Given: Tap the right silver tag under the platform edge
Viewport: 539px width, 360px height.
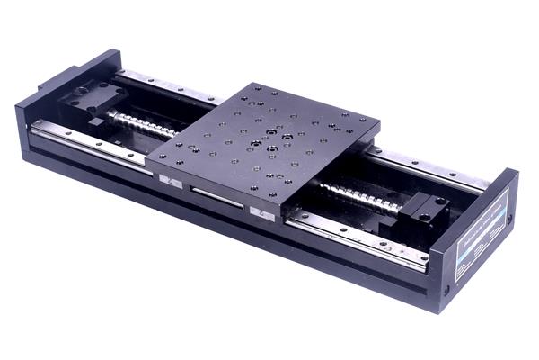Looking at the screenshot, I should (261, 212).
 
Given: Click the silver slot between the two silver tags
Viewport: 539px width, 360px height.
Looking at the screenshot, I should (216, 196).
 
